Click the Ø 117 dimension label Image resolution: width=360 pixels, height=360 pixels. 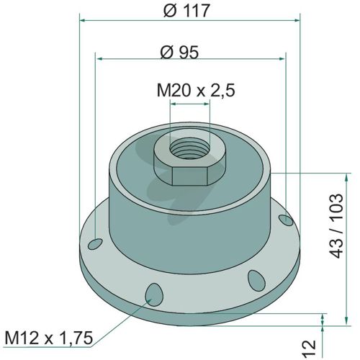pyautogui.click(x=186, y=11)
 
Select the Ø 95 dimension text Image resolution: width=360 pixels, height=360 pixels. pyautogui.click(x=179, y=53)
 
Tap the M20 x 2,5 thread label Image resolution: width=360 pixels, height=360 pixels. pyautogui.click(x=196, y=90)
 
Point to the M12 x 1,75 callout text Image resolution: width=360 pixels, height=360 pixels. pyautogui.click(x=49, y=338)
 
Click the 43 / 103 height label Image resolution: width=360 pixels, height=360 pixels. pyautogui.click(x=336, y=225)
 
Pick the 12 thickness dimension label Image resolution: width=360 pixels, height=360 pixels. pyautogui.click(x=309, y=348)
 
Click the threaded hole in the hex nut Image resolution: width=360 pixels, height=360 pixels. pyautogui.click(x=190, y=148)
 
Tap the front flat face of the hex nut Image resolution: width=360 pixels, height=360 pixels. pyautogui.click(x=189, y=176)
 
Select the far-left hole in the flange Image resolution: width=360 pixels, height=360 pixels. pyautogui.click(x=95, y=244)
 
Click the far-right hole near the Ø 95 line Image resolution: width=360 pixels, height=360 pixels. pyautogui.click(x=286, y=220)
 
